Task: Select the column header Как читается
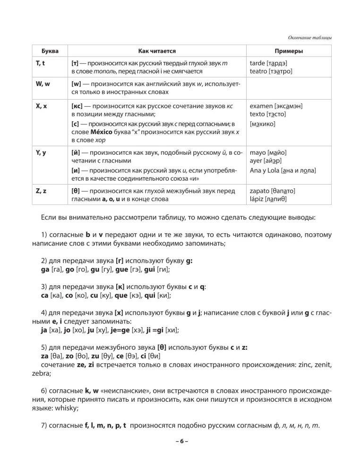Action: click(x=157, y=51)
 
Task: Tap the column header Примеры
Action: click(x=289, y=51)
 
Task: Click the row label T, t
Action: click(x=41, y=63)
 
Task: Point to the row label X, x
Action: click(x=41, y=106)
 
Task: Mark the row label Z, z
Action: click(x=41, y=191)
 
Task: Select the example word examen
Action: click(x=261, y=106)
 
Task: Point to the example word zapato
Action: click(x=259, y=191)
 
